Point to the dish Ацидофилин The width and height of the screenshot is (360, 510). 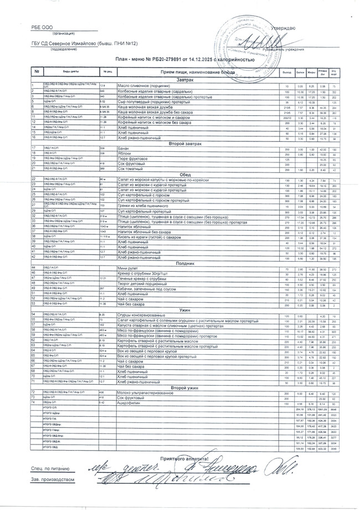131,402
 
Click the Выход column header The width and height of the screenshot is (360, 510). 286,73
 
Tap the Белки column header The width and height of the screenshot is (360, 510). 301,73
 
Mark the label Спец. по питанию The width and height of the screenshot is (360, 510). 51,468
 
